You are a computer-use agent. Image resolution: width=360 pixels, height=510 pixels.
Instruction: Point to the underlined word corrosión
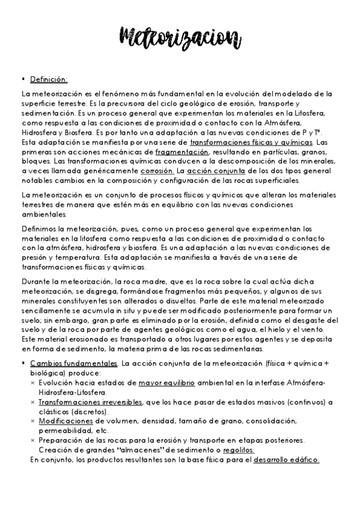click(158, 171)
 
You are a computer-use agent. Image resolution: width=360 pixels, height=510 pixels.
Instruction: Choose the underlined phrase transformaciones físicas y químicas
click(251, 143)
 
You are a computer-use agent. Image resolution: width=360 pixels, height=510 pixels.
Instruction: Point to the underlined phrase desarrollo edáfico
click(286, 460)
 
